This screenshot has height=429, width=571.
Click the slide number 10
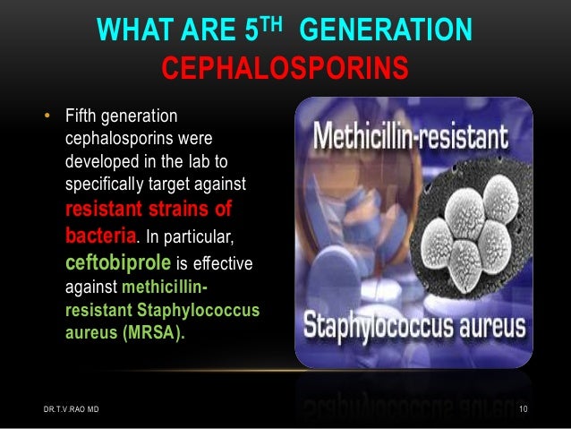[x=527, y=409]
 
